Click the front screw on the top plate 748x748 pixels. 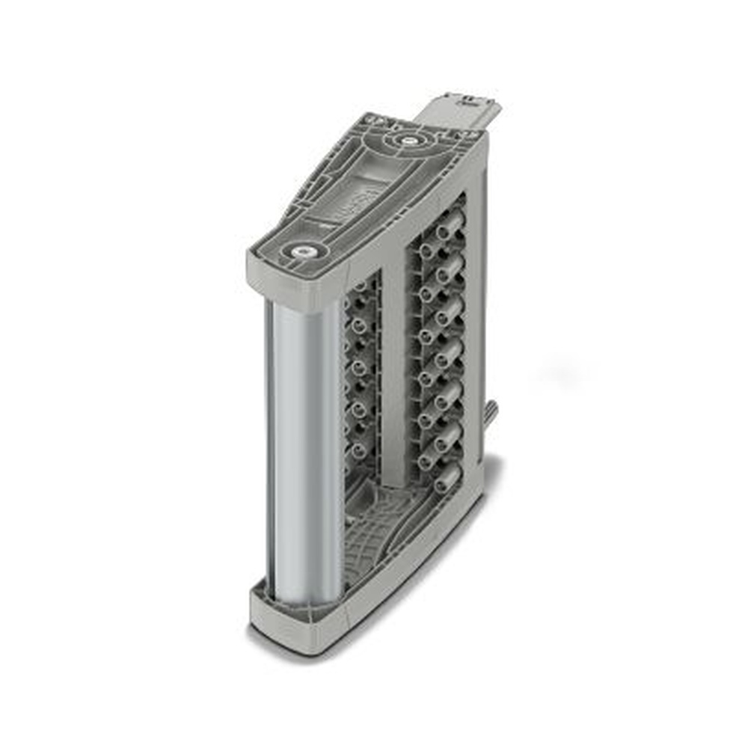click(x=302, y=253)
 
